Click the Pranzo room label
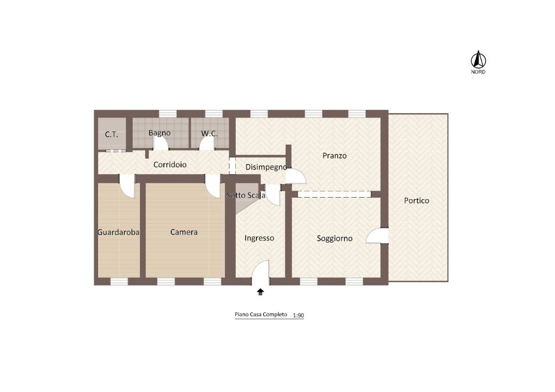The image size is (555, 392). tap(334, 155)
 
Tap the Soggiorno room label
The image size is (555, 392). tap(334, 239)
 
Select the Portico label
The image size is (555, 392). tap(417, 201)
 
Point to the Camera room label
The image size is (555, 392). tap(184, 232)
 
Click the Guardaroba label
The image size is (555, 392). tap(118, 232)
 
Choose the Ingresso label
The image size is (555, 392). tap(259, 238)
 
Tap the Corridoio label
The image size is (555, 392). tap(170, 165)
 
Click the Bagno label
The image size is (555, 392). tap(159, 133)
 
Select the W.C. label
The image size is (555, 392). tap(209, 134)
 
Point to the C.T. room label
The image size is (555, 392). tap(112, 135)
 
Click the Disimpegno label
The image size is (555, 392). tap(266, 167)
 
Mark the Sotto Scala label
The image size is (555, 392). tap(246, 195)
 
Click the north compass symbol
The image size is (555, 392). tap(478, 60)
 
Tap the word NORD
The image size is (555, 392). tap(478, 72)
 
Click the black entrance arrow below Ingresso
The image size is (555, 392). tap(261, 292)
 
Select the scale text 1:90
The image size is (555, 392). tap(299, 315)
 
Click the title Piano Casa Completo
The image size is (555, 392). tap(261, 315)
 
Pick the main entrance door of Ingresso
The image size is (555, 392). tap(261, 272)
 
